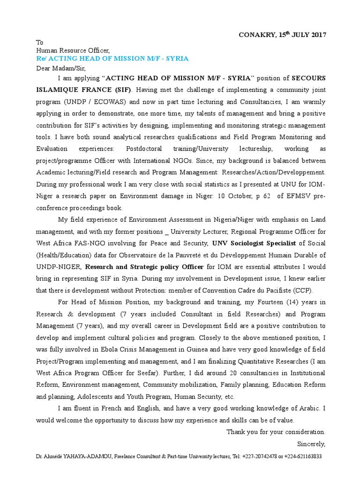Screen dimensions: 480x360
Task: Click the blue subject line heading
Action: (112, 58)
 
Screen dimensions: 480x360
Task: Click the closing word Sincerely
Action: (311, 443)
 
